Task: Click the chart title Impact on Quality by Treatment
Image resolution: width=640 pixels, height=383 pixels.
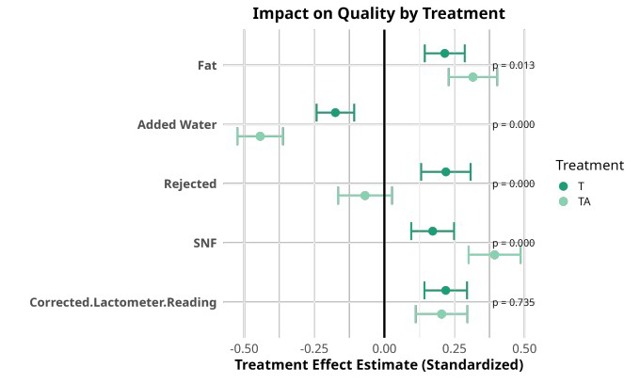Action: pos(378,13)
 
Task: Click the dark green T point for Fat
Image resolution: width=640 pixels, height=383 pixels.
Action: pos(444,54)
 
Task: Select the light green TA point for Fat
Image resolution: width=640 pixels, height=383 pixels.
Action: pos(472,77)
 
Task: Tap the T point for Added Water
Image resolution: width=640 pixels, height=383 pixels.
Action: pos(335,113)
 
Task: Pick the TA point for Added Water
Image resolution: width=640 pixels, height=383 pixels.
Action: pos(260,136)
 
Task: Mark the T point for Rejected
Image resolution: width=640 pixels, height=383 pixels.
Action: pos(445,172)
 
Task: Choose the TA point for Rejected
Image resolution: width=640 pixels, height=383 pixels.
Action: pos(364,196)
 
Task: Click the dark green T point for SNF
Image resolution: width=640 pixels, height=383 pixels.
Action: pos(433,231)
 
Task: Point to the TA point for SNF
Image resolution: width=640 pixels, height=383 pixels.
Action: pos(494,254)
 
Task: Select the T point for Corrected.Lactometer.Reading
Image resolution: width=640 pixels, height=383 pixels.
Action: pos(445,290)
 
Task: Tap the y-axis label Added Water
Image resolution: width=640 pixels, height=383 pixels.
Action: pos(177,125)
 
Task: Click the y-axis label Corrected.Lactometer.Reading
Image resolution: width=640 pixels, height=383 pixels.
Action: pos(123,302)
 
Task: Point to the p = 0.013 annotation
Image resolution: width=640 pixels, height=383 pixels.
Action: pos(514,66)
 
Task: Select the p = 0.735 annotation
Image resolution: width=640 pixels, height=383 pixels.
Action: pos(514,302)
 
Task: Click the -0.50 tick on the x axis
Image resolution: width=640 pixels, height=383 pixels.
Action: pos(244,346)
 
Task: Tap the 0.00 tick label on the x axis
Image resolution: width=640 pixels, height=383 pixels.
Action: pos(384,346)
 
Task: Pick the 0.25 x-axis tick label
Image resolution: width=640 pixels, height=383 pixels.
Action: pos(454,346)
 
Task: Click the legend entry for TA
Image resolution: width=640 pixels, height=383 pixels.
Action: pos(584,201)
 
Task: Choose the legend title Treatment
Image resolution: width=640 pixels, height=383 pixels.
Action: pos(589,165)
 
